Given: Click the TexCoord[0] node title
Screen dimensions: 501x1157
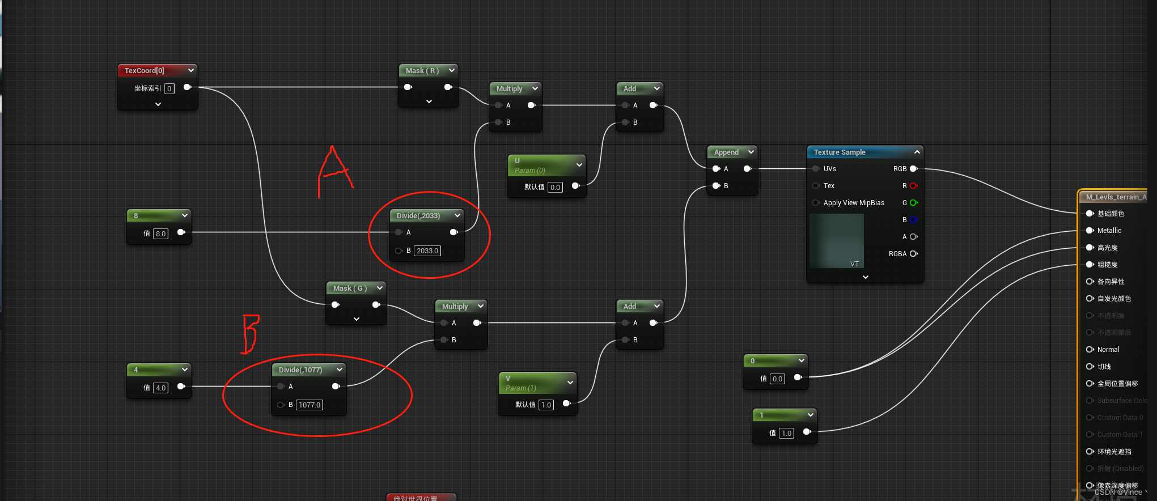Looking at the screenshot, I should point(145,71).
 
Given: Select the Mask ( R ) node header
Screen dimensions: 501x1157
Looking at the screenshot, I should point(422,71).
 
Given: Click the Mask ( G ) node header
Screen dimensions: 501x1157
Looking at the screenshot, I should point(350,288).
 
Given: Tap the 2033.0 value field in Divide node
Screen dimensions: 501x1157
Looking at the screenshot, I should point(427,250).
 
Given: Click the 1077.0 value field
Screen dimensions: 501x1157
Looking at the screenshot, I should point(310,405).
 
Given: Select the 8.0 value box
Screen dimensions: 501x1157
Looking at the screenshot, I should point(160,233).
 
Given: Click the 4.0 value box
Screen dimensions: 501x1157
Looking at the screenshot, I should point(160,388).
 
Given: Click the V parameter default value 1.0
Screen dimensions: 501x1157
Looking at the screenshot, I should point(546,405).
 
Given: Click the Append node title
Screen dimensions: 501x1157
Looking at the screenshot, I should point(726,152).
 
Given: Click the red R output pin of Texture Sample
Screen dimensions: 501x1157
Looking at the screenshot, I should point(913,186).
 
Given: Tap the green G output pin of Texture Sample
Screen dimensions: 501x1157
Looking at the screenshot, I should point(913,203).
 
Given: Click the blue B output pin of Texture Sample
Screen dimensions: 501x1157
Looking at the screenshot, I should point(913,220).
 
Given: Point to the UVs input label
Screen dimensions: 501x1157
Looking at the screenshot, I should point(829,169).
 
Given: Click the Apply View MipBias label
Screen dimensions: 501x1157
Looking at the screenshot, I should point(853,203).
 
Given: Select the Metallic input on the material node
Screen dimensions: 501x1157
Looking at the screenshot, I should point(1109,231).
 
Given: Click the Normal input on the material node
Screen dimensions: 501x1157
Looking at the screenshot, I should point(1108,350).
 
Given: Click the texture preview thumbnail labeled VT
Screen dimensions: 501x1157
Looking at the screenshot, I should point(836,241).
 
